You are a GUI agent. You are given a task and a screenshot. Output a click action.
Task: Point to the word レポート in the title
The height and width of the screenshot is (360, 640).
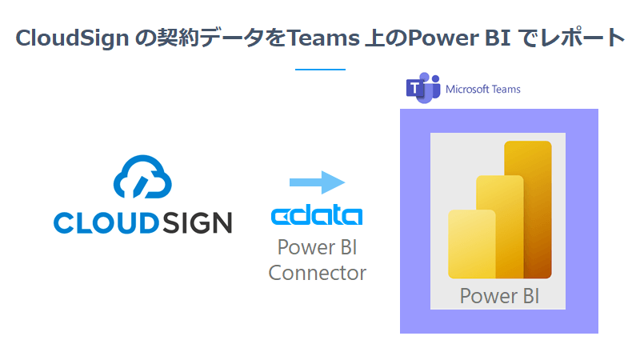(586, 38)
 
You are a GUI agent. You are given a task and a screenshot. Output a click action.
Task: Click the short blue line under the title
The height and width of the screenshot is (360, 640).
(320, 70)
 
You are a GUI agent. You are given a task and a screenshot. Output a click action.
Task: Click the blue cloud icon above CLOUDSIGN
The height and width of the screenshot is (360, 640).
(142, 176)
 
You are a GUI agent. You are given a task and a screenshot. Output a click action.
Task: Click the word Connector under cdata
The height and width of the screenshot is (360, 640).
(317, 273)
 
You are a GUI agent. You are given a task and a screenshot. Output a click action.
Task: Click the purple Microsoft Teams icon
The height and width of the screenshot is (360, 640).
(422, 89)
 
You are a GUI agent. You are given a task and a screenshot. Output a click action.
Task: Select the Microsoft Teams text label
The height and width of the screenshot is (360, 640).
(483, 89)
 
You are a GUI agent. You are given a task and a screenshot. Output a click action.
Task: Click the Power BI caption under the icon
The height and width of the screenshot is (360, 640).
(499, 296)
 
